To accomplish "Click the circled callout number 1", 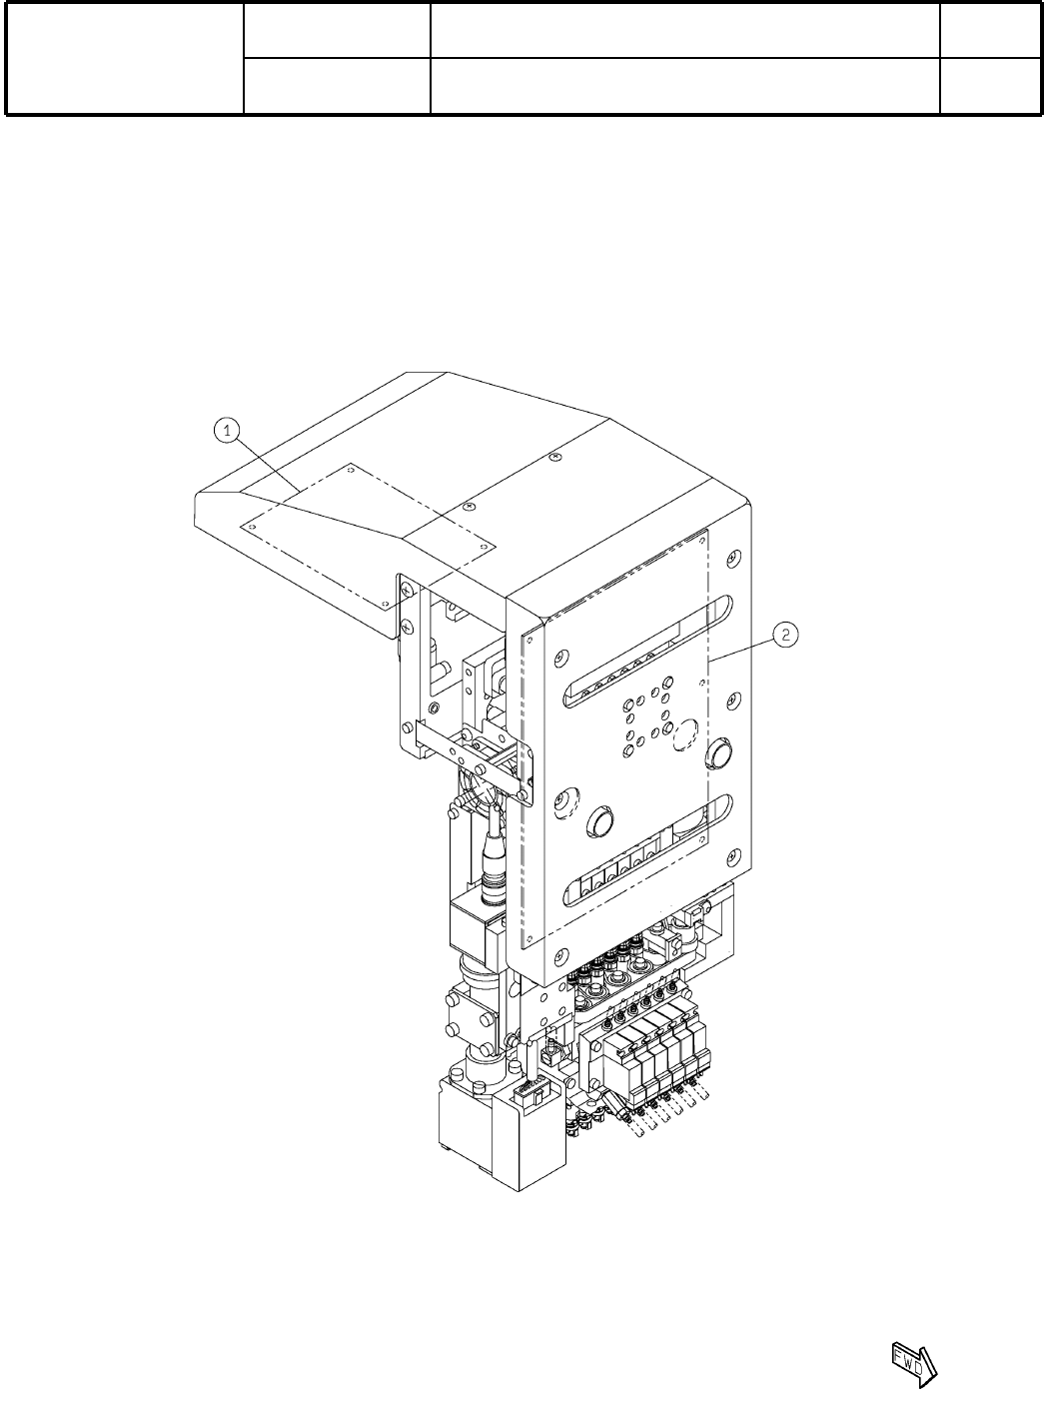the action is coord(227,431).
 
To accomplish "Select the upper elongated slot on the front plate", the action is coord(647,653).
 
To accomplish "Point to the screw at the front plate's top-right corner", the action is coord(732,558).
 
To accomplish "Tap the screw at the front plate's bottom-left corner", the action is coord(560,958).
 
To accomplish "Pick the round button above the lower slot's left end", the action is coord(600,821).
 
